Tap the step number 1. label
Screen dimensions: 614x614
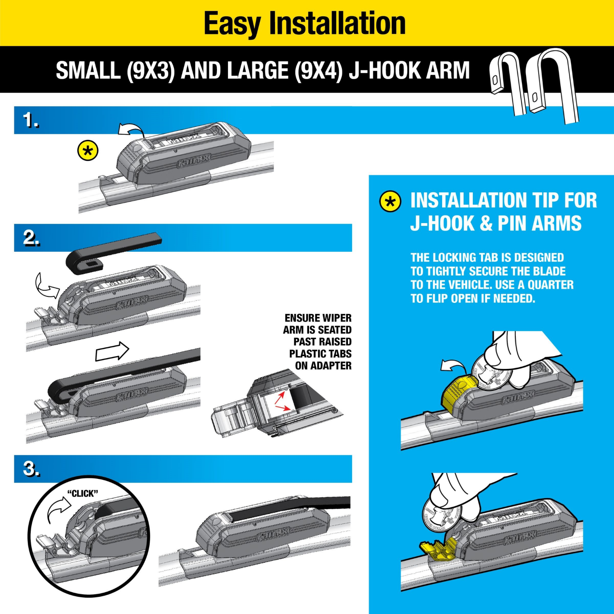click(31, 120)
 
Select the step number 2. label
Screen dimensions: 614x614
click(32, 238)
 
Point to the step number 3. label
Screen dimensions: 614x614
click(32, 469)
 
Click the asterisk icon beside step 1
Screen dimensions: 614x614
click(88, 151)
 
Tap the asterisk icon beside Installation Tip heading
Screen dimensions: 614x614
click(390, 201)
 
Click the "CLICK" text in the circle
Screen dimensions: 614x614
click(83, 494)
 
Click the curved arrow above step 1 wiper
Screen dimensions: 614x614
click(131, 129)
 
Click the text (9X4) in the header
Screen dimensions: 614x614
click(318, 70)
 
